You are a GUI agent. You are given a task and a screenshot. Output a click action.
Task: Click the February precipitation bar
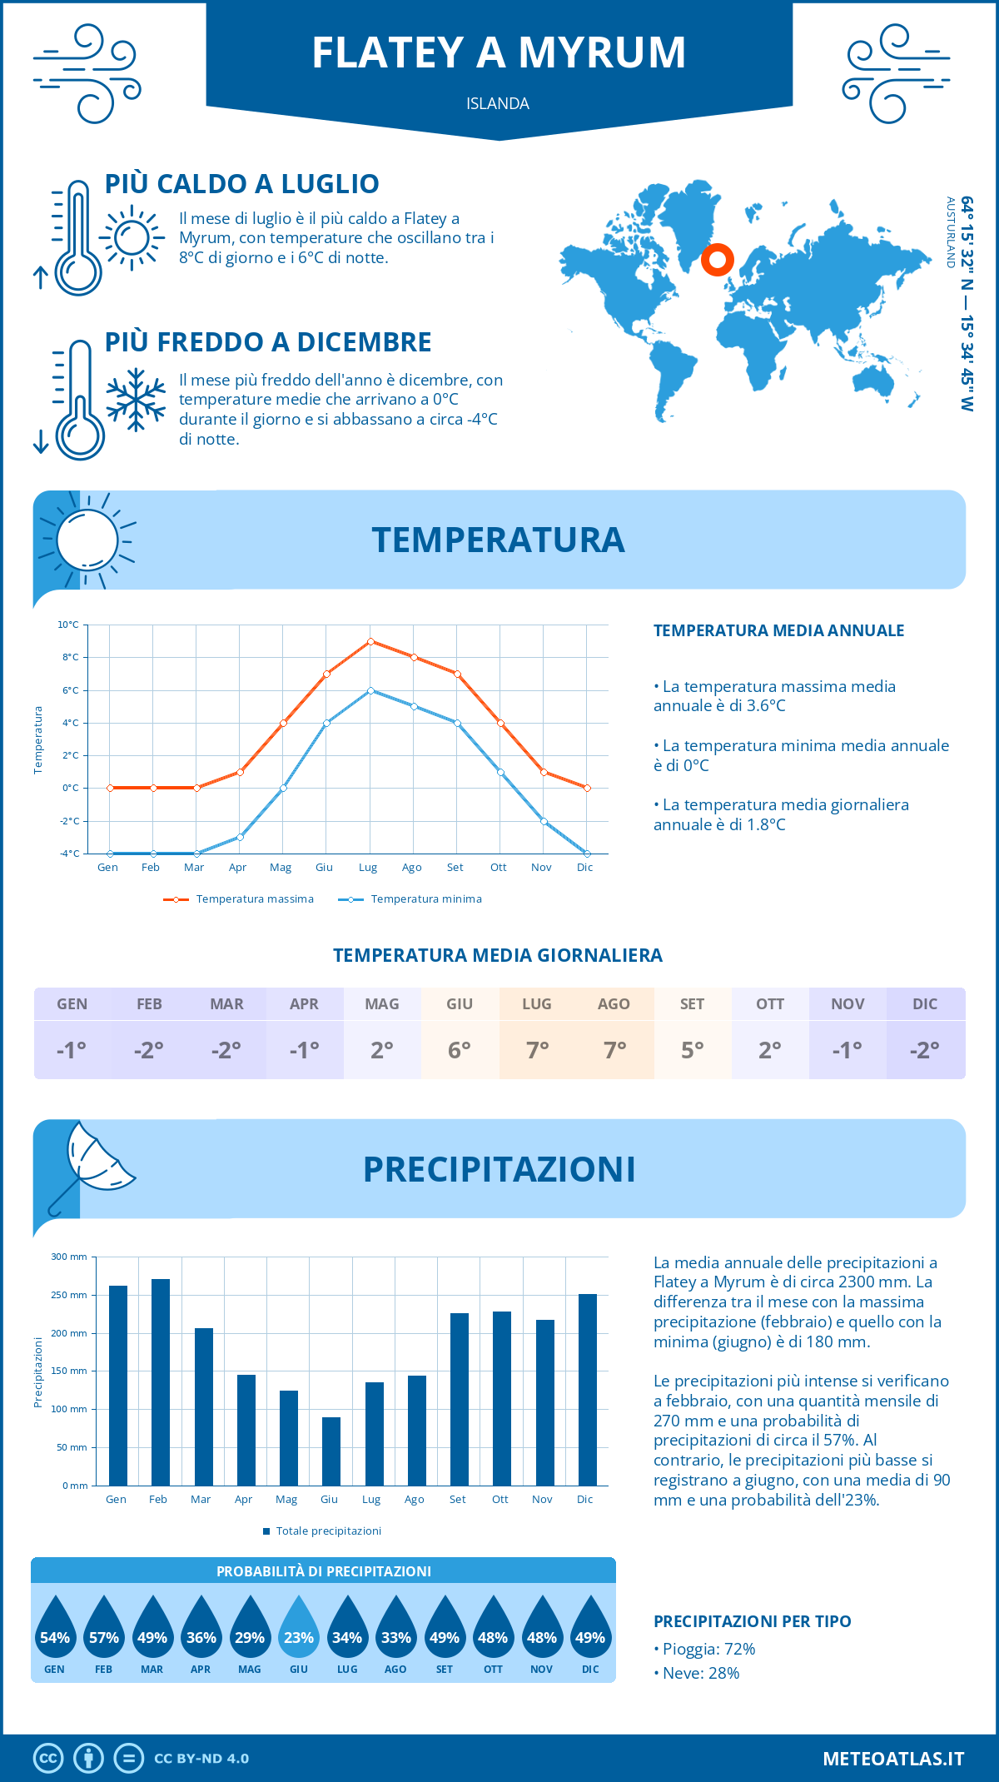161,1382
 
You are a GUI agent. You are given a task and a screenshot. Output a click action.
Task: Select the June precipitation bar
331,1451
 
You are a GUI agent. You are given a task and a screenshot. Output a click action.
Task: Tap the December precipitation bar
588,1390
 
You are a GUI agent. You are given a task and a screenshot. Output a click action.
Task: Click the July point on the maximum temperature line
370,641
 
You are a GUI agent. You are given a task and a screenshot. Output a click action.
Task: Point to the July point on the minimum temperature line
370,690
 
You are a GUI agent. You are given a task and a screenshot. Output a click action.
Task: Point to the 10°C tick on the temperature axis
69,625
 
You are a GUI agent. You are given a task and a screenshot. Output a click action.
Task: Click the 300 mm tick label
69,1257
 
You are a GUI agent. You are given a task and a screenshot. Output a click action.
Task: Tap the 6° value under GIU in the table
460,1050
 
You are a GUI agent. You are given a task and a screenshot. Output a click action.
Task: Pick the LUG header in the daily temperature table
537,1004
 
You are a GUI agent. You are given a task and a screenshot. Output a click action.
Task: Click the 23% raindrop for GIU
299,1629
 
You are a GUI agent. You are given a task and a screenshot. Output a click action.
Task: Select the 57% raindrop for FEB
104,1629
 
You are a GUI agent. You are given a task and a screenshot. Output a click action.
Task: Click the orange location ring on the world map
717,260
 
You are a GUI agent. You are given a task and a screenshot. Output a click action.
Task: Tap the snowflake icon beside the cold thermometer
136,400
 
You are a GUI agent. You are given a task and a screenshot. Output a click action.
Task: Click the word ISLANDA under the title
498,103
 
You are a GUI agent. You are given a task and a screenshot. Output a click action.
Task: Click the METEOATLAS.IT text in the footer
892,1758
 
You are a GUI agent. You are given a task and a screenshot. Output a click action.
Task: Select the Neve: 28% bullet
700,1673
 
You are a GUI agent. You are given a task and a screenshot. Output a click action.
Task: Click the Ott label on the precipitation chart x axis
500,1499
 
